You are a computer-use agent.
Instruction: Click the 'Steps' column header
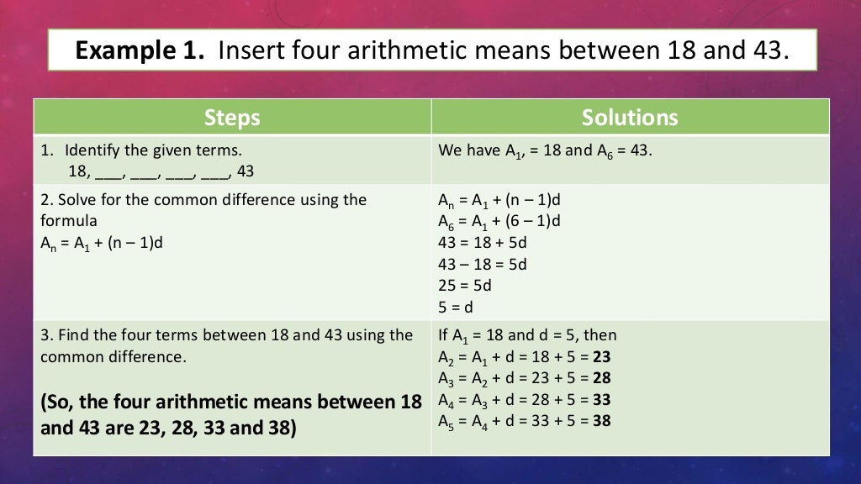tap(232, 118)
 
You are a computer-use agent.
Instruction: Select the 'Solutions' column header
tap(630, 118)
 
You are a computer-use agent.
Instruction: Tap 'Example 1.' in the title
tap(140, 52)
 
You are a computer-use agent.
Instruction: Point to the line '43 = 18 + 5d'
tap(483, 242)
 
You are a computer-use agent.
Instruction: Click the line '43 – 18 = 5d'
tap(483, 264)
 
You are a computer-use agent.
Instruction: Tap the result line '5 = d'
tap(457, 307)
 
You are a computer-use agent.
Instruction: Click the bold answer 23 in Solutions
tap(602, 356)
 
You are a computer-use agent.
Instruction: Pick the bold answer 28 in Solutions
tap(602, 377)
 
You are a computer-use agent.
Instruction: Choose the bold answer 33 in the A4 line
tap(602, 398)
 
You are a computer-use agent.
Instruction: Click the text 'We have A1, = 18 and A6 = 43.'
tap(545, 151)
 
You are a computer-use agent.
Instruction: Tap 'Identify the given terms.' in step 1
tap(153, 151)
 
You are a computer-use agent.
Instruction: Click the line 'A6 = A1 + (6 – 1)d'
tap(499, 221)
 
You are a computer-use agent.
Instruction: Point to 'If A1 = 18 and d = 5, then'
tap(527, 335)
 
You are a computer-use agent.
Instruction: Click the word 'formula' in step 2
tap(69, 221)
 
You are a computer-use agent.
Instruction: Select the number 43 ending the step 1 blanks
tap(246, 171)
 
